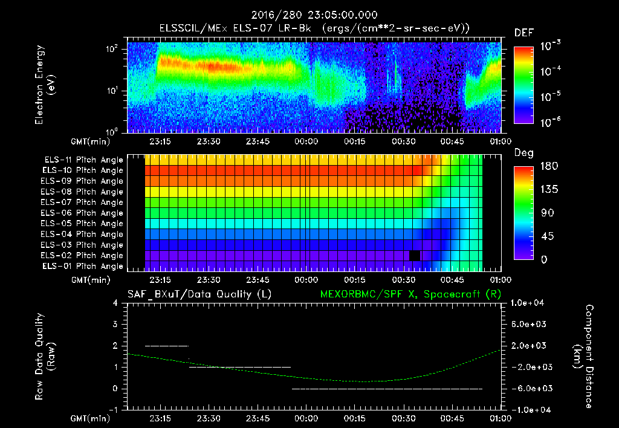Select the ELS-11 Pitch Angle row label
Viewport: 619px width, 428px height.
[x=83, y=160]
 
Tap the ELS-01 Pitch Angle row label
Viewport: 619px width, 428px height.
[x=83, y=266]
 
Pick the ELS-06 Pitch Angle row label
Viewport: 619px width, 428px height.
[x=83, y=213]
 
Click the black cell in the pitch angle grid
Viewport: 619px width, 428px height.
[x=415, y=255]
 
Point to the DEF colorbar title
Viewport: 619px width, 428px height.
[x=523, y=33]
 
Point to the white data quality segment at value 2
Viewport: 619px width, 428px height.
[x=167, y=346]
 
